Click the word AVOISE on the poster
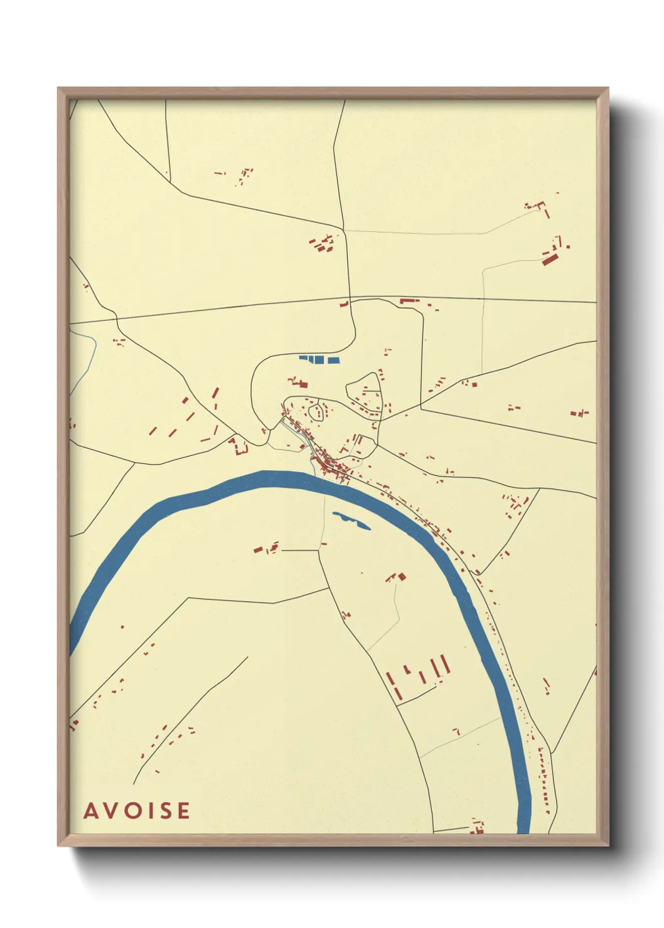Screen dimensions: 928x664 point(137,810)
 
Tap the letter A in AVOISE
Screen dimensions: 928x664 point(91,810)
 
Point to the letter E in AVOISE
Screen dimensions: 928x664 point(183,810)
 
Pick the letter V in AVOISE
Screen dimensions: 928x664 point(112,810)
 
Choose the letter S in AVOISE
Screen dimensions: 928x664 point(164,810)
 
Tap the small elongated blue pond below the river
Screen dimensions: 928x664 point(351,520)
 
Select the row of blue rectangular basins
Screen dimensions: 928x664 point(319,359)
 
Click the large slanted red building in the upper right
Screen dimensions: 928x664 point(550,258)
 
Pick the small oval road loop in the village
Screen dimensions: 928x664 point(317,413)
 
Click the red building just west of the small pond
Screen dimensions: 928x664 point(259,549)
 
